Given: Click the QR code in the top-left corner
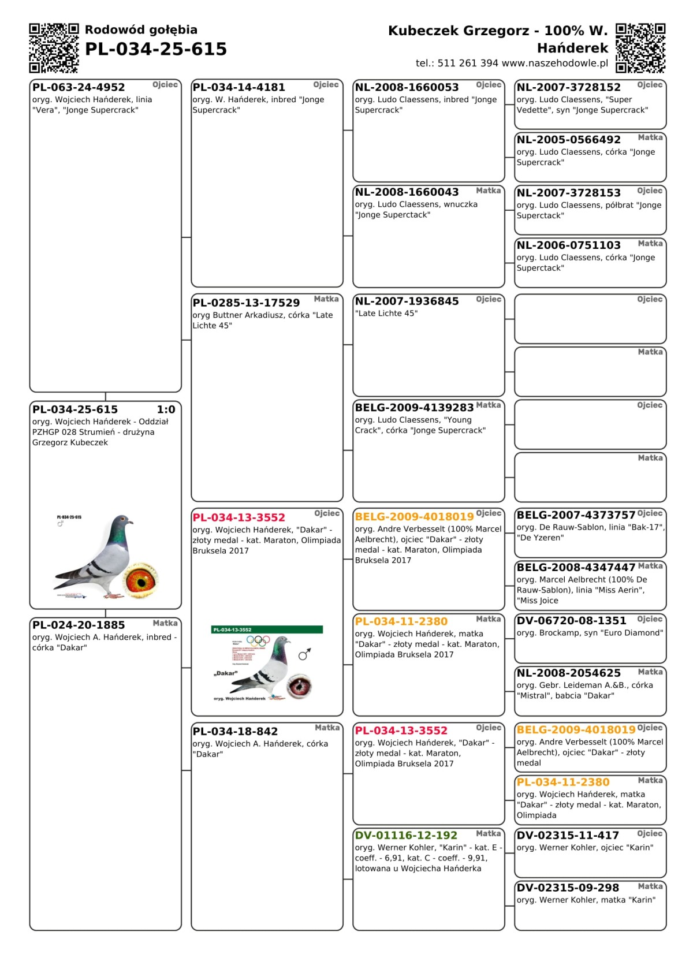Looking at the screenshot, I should click(x=54, y=48).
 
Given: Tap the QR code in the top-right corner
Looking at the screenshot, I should click(x=640, y=48).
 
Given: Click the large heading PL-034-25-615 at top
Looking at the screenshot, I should click(x=156, y=49).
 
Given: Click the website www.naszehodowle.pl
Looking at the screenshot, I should click(x=555, y=63).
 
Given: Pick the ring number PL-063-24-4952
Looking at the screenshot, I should click(x=79, y=87).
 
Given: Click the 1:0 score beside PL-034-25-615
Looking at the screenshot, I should click(x=166, y=409).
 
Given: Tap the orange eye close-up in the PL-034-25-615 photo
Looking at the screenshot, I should click(x=141, y=580).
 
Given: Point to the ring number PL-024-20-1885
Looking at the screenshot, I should click(x=79, y=625).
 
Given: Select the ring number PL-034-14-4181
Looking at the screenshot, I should click(x=239, y=87).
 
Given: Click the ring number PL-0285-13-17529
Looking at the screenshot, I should click(x=246, y=303).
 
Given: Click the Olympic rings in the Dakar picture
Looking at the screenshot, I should click(x=258, y=640).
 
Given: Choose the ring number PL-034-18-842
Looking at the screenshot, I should click(x=235, y=731).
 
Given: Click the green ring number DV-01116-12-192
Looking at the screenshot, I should click(x=406, y=835).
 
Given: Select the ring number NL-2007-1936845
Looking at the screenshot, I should click(x=407, y=301).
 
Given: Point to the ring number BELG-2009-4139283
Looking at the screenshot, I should click(x=414, y=407).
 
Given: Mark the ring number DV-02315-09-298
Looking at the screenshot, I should click(x=568, y=888).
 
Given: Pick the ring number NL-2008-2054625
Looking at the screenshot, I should click(x=569, y=673).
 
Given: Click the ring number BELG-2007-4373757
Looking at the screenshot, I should click(x=576, y=515).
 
